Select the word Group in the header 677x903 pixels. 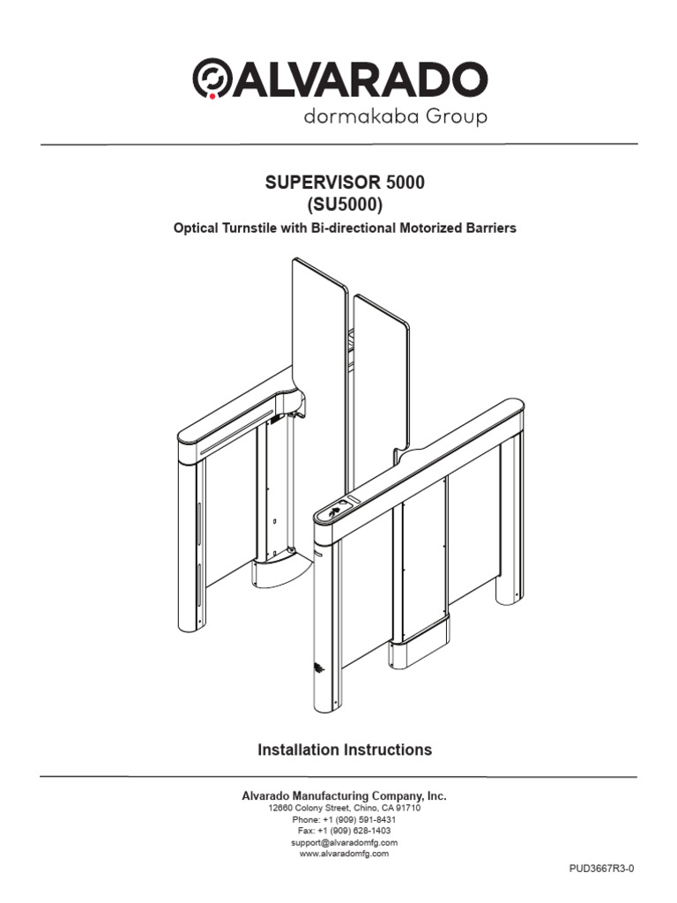pos(452,116)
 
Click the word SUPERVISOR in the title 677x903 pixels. pos(324,183)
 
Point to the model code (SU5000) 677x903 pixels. pos(345,205)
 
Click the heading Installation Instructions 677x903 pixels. pos(345,750)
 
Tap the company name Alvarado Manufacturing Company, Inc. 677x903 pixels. pos(345,795)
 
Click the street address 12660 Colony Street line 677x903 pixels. pos(345,808)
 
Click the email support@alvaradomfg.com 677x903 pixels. pos(345,842)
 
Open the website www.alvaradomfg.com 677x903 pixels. pos(345,854)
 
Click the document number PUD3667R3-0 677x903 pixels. pos(601,868)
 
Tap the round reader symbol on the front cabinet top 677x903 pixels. pos(335,510)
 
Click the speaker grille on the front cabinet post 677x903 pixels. pos(318,671)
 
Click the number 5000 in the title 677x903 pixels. pos(404,183)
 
